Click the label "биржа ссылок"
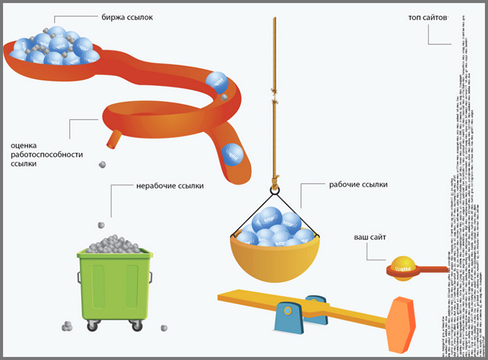click(127, 18)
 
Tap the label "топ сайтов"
click(428, 18)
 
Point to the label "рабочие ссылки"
click(358, 184)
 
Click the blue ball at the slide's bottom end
click(231, 154)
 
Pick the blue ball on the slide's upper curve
click(216, 81)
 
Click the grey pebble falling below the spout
click(102, 164)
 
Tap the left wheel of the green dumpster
click(92, 325)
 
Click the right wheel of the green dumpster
click(135, 325)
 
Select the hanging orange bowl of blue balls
click(274, 252)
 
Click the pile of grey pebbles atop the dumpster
click(115, 242)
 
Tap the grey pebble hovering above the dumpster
click(110, 213)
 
